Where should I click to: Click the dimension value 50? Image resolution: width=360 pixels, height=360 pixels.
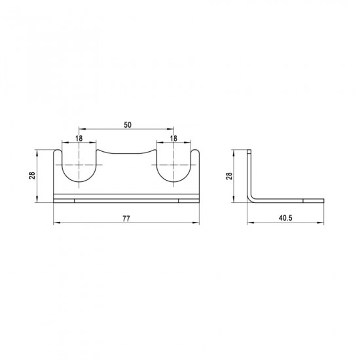(128, 125)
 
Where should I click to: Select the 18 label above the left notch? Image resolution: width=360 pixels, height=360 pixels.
(79, 139)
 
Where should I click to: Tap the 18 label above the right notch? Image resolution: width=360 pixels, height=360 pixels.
(173, 139)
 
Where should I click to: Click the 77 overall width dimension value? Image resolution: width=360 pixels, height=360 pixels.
(126, 219)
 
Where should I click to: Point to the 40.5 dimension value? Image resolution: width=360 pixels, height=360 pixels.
(285, 218)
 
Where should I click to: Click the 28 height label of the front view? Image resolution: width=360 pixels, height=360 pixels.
(32, 175)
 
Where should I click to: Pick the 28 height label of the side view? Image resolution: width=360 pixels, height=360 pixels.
(229, 176)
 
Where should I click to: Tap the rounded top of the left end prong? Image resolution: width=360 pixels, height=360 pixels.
(58, 151)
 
